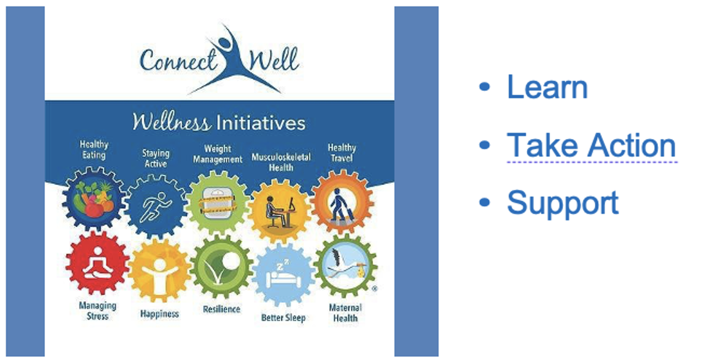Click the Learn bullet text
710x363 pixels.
coord(547,87)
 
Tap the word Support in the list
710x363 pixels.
coord(563,203)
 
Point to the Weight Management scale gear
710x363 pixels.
coord(218,203)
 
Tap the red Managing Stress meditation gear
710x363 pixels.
coord(97,263)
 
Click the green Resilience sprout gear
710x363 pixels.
coord(222,267)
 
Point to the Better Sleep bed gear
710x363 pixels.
coord(284,275)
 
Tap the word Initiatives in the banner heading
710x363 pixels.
coord(261,123)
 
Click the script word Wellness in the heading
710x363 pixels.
coord(171,122)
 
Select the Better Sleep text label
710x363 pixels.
coord(284,317)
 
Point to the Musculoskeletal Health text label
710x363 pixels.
coord(281,162)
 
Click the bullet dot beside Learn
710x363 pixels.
coord(485,87)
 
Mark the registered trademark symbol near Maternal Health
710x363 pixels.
coord(374,289)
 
